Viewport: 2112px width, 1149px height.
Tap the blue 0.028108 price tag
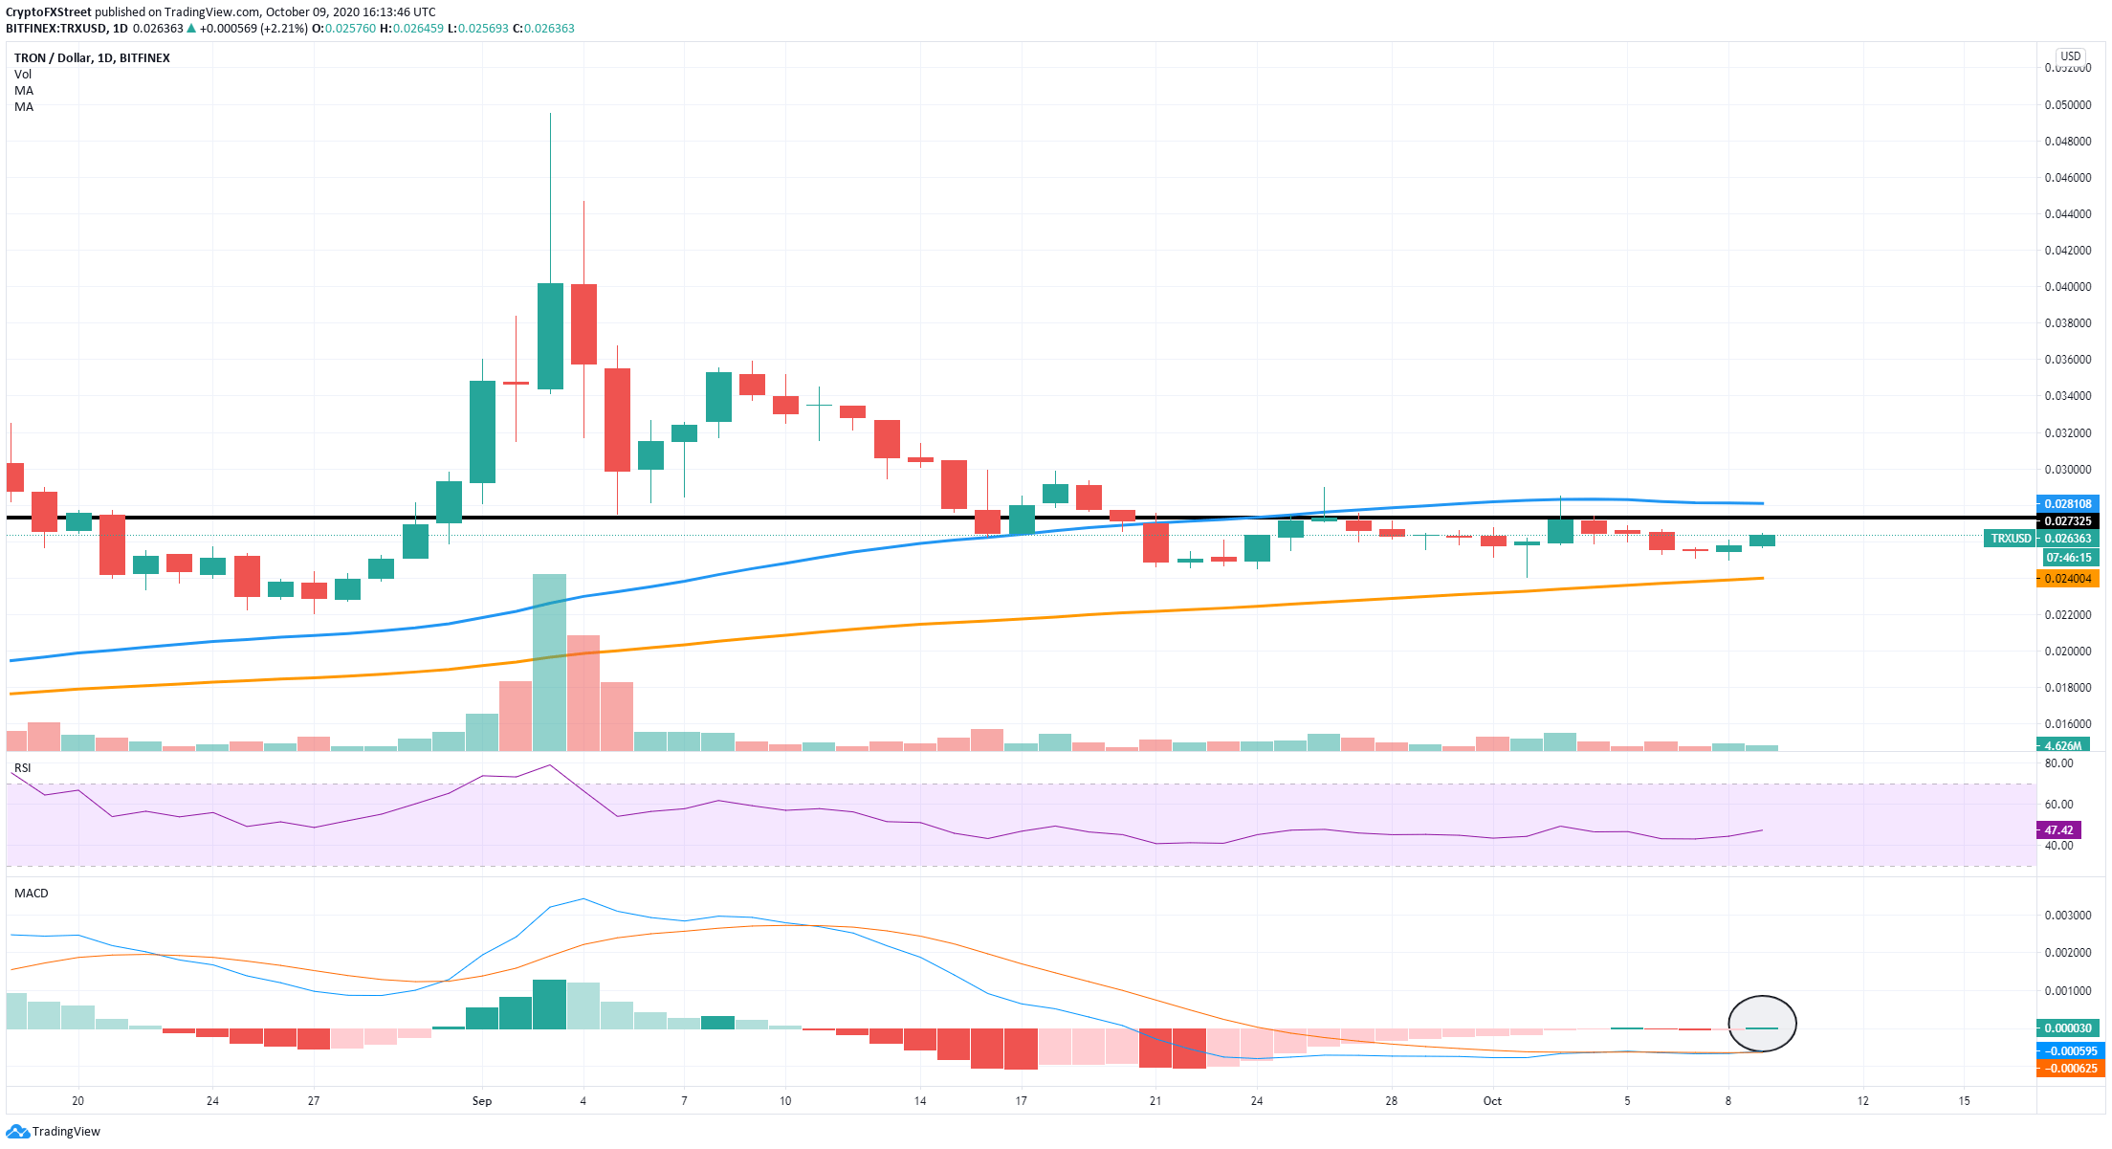pos(2067,503)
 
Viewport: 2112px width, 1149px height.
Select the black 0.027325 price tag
pos(2067,521)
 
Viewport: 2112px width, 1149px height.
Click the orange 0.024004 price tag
pos(2067,579)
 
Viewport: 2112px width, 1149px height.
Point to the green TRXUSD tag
pos(2011,539)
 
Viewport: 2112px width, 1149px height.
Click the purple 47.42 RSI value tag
pos(2058,830)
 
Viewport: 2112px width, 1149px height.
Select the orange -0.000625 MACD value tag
pos(2069,1069)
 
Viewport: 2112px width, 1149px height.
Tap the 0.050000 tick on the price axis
pos(2067,104)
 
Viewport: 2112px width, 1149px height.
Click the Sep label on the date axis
pos(482,1101)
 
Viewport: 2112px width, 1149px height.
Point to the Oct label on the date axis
pos(1492,1101)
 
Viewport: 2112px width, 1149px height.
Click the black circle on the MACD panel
pos(1762,1024)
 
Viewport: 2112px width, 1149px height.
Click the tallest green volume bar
pos(550,662)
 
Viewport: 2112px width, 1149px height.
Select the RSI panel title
pos(22,768)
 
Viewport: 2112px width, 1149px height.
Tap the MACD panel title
pos(31,893)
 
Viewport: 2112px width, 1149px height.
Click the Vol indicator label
pos(23,74)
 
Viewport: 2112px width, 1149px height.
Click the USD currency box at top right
pos(2071,56)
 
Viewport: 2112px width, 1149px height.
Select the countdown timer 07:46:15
pos(2067,558)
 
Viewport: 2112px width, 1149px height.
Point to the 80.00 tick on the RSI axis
pos(2058,763)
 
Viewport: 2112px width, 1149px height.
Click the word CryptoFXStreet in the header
pos(49,12)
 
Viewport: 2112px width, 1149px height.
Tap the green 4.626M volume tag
pos(2062,745)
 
